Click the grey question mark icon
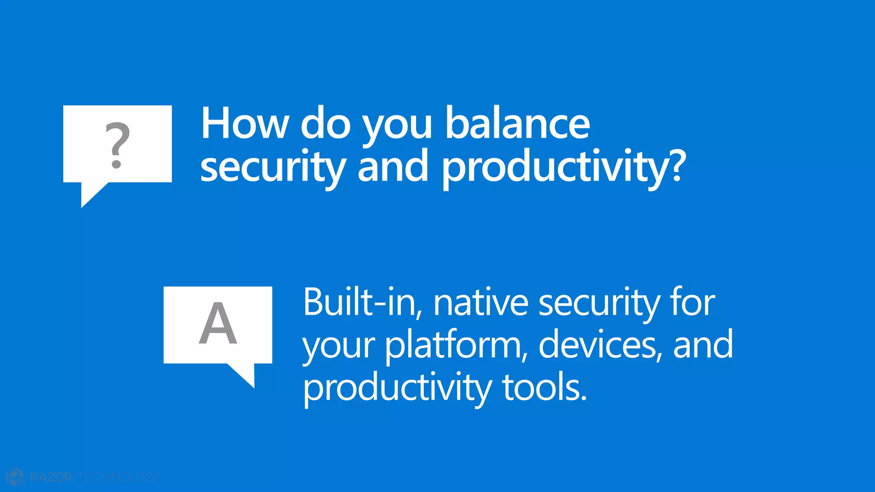pos(117,145)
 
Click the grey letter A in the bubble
pos(218,323)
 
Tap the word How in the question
pos(245,124)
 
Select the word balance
pos(517,124)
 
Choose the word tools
pos(545,388)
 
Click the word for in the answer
pos(693,302)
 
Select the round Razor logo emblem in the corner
pos(15,477)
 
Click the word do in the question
pos(326,124)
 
